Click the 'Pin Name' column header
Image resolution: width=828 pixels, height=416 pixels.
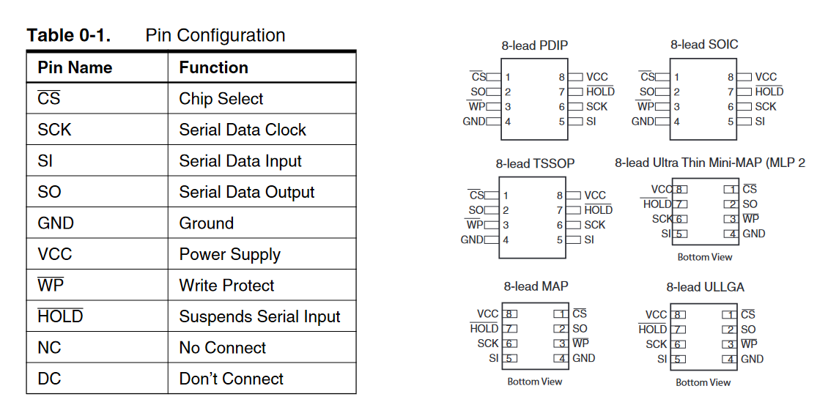point(75,67)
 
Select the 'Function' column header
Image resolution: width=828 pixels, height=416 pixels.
point(213,67)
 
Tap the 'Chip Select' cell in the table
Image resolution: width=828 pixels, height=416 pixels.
point(221,99)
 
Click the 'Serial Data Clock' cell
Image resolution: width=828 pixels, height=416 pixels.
point(243,130)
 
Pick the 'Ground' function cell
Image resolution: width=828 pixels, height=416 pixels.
point(207,223)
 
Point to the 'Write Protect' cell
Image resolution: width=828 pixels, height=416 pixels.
point(226,286)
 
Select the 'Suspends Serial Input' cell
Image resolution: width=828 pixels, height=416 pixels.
point(259,316)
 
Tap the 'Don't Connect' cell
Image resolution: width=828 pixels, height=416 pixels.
point(232,379)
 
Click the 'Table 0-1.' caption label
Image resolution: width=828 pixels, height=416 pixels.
point(69,35)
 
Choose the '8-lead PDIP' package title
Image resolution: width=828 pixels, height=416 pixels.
point(534,45)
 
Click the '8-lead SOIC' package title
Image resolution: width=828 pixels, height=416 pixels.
point(704,45)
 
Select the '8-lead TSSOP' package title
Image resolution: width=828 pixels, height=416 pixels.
point(535,163)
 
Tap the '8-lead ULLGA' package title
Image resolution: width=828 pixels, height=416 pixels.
point(705,287)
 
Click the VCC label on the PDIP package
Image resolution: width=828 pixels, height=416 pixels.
point(596,77)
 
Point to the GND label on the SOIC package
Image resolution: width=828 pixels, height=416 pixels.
point(643,122)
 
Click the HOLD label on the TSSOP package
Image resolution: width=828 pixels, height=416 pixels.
point(599,210)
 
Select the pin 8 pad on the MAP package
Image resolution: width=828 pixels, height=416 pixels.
point(509,314)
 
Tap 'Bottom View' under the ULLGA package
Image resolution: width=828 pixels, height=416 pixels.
point(703,382)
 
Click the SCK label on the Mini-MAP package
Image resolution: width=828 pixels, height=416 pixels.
point(662,219)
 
